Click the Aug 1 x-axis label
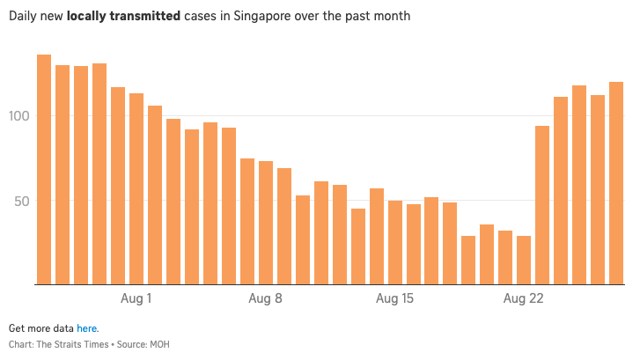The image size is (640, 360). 136,298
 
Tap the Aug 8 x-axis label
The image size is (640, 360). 266,298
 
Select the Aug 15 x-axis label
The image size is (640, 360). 395,298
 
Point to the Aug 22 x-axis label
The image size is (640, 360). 525,298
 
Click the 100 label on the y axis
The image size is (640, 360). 21,116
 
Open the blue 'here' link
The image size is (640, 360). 87,327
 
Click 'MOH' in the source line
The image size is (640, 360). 158,344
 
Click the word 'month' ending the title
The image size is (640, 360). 391,17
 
